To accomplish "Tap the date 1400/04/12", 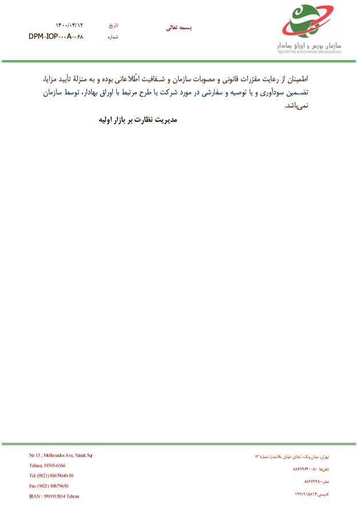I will (x=69, y=26).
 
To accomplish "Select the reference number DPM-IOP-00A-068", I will (x=56, y=37).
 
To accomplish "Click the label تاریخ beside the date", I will (x=113, y=26).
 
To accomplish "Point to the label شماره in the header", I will (x=113, y=37).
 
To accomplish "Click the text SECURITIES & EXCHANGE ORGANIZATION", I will (x=310, y=52).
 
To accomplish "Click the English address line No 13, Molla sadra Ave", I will (x=61, y=455).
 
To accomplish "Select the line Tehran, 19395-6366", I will (x=47, y=466).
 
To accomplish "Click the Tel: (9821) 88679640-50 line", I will (x=51, y=475).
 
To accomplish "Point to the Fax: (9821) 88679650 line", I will (x=49, y=486).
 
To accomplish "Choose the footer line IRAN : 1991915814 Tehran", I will (x=54, y=496).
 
